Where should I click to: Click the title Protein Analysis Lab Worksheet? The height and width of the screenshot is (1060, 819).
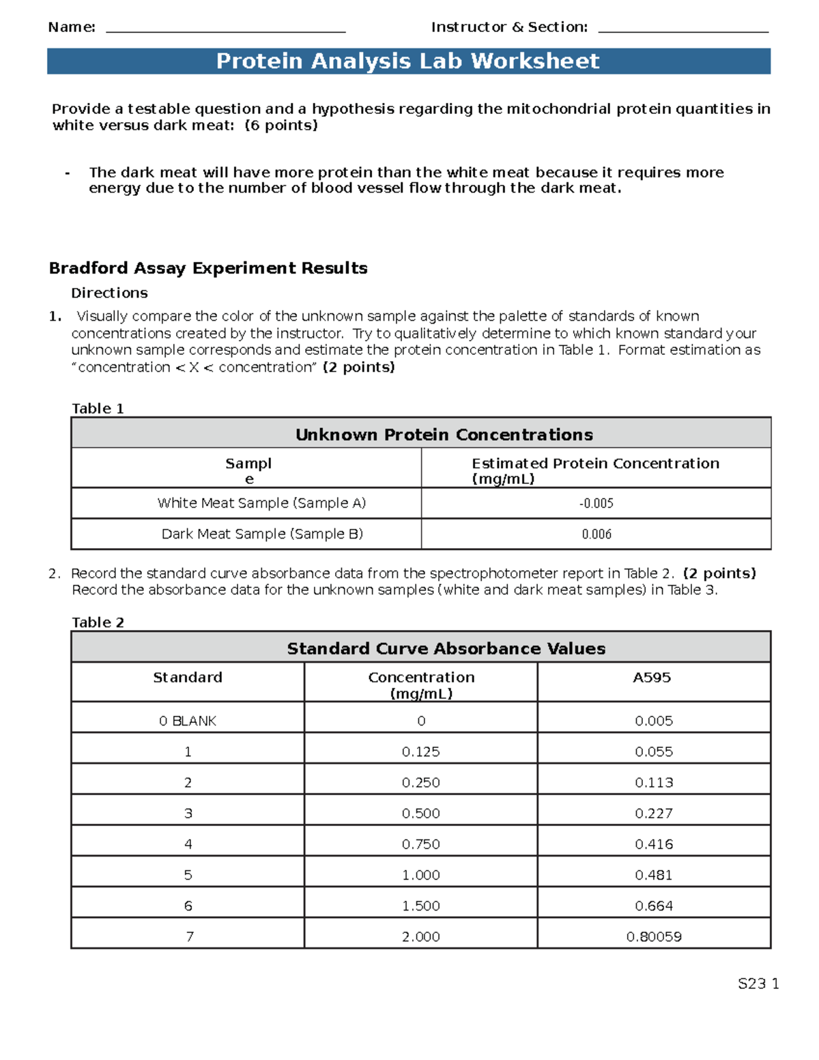[x=407, y=61]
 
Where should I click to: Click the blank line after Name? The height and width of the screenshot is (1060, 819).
[x=226, y=31]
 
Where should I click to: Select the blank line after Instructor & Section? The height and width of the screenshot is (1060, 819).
[x=682, y=31]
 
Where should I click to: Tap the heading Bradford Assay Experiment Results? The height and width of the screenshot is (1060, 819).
[x=208, y=268]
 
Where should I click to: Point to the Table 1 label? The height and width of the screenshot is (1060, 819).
[x=98, y=408]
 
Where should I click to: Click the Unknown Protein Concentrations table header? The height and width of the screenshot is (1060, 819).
[x=444, y=435]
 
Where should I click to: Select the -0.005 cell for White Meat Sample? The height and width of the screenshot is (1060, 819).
[x=596, y=504]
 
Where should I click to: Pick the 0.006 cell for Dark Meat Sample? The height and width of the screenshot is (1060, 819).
[x=596, y=534]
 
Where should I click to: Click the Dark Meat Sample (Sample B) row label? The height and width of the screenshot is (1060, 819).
[x=262, y=534]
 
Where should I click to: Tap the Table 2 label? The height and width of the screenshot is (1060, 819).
[x=98, y=622]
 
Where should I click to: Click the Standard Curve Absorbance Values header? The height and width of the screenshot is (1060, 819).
[x=446, y=648]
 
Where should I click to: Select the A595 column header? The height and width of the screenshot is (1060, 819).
[x=652, y=678]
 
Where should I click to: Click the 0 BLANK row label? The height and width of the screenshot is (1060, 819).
[x=187, y=721]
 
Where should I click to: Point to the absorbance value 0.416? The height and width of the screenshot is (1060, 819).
[x=653, y=844]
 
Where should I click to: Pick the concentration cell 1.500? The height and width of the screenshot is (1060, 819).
[x=420, y=906]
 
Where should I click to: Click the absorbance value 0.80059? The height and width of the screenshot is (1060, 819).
[x=653, y=937]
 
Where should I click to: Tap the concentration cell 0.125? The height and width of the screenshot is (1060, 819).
[x=420, y=751]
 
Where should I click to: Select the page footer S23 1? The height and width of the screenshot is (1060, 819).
[x=758, y=984]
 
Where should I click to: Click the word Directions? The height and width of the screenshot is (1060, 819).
[x=109, y=293]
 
